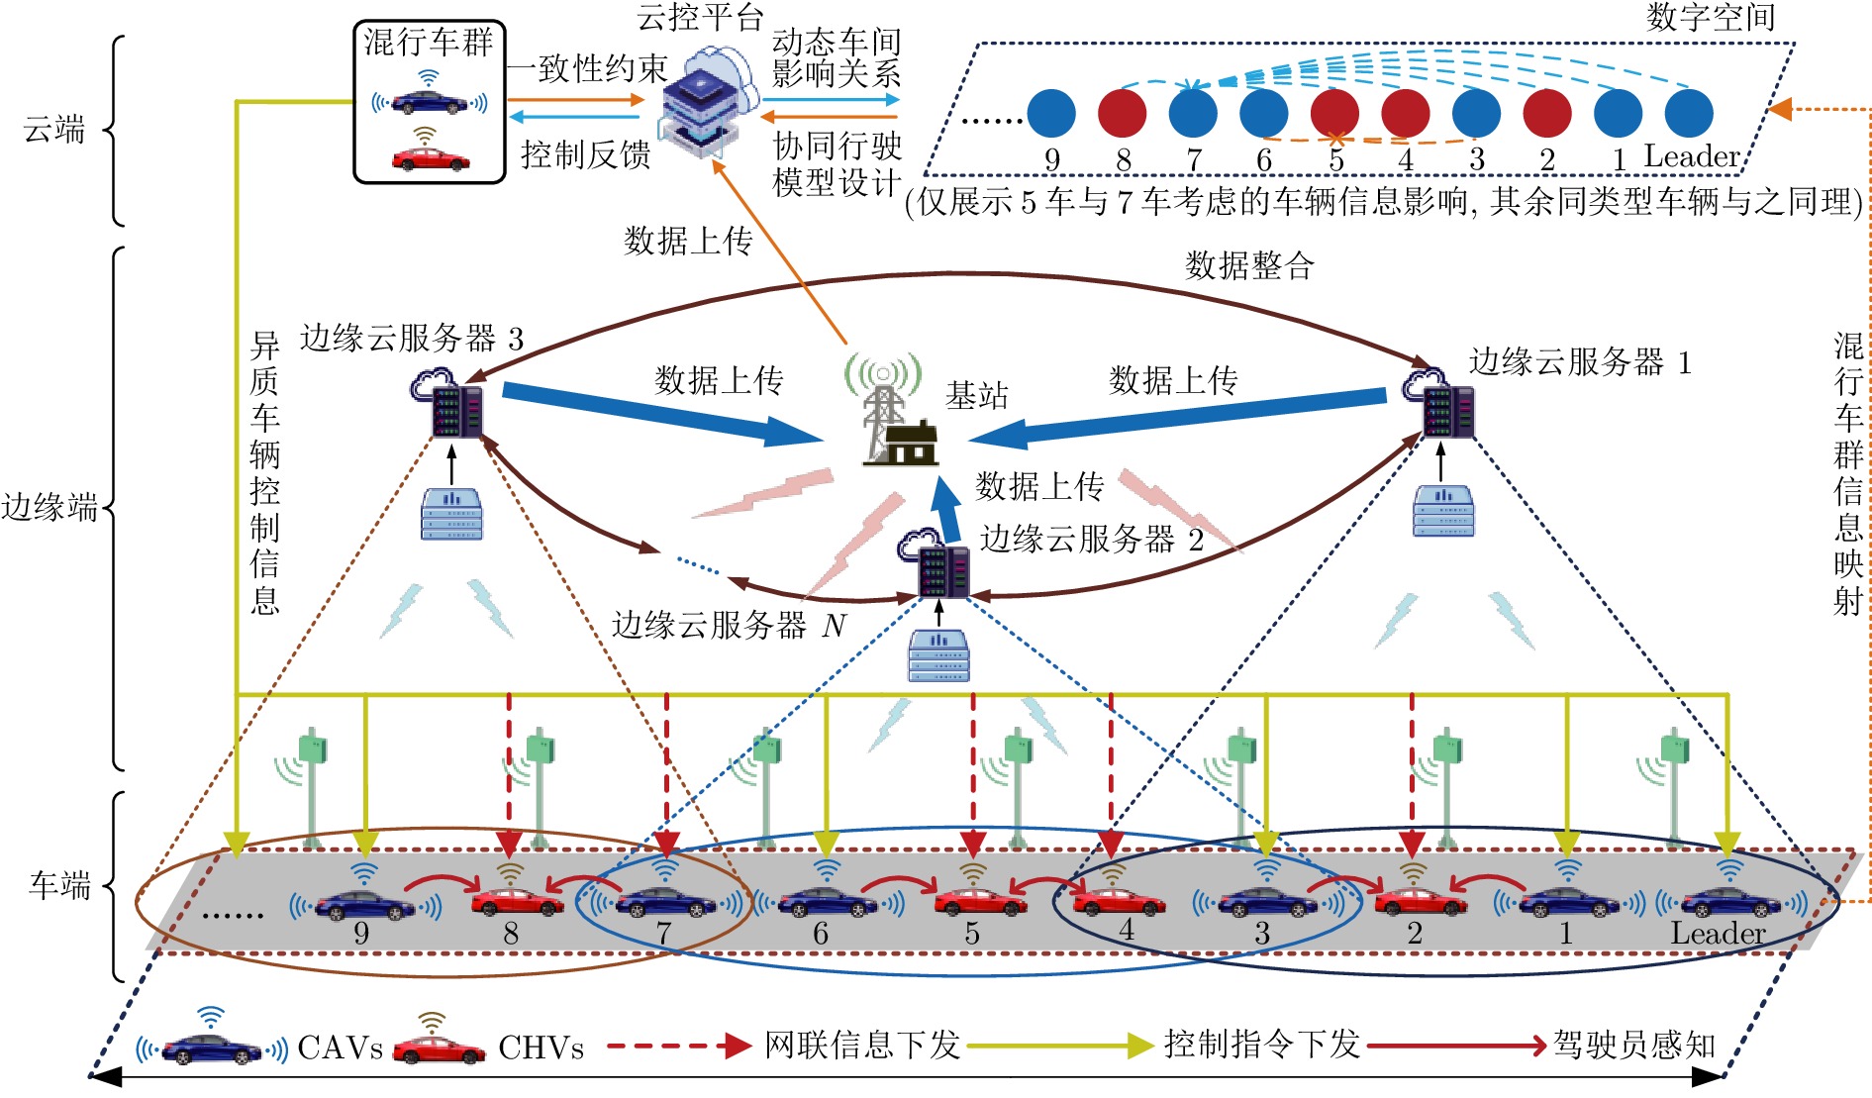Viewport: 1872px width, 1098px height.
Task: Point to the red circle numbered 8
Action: pos(1122,113)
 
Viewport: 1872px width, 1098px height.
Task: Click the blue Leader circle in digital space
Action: pos(1689,113)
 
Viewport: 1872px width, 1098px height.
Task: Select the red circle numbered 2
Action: pos(1547,113)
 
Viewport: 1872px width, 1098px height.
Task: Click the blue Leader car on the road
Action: pos(1728,902)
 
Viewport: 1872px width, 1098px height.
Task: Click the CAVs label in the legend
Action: pos(340,1048)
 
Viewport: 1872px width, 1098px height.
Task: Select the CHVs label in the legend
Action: pos(541,1048)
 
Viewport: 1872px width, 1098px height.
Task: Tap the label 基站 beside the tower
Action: pos(976,396)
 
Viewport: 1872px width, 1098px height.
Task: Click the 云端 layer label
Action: pos(54,129)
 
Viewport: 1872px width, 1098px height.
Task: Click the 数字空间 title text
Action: pos(1710,17)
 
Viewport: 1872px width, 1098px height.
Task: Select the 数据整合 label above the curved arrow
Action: pos(1249,265)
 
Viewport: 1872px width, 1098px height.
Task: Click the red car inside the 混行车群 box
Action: pos(430,158)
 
